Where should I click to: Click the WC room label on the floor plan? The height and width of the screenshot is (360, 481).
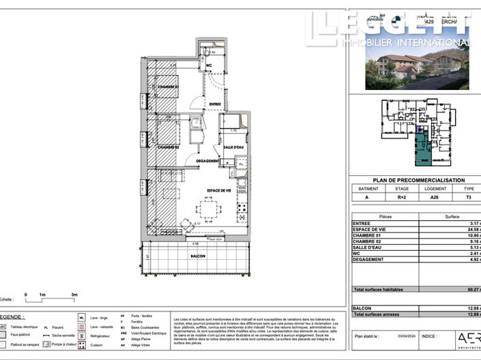point(210,66)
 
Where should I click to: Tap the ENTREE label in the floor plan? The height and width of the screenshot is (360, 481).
point(216,104)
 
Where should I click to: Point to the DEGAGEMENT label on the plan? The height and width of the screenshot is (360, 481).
point(207,162)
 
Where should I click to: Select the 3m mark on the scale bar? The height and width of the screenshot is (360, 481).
point(74,295)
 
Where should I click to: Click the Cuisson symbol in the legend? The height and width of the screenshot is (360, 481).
point(81,345)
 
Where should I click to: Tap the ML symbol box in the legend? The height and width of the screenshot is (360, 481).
point(81,318)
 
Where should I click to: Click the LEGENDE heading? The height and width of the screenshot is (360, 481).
point(12,317)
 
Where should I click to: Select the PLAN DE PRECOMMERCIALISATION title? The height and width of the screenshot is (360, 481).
point(417,180)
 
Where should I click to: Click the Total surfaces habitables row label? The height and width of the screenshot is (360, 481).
point(378,290)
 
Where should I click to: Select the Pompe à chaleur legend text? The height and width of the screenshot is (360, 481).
point(66,345)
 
